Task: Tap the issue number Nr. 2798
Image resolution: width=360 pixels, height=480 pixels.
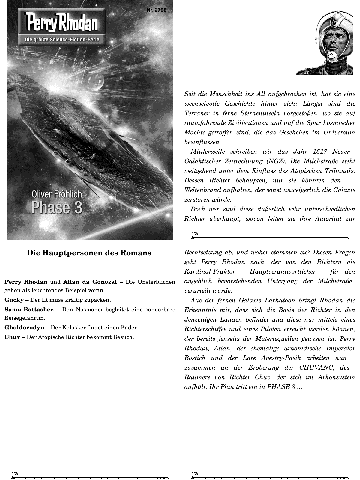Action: [x=157, y=10]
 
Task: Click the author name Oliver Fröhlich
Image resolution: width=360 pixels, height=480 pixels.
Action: [x=57, y=194]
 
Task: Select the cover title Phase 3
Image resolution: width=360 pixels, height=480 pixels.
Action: [x=57, y=208]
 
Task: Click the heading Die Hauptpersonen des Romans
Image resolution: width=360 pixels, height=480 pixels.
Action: [x=89, y=253]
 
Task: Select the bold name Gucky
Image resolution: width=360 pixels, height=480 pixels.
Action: [x=14, y=300]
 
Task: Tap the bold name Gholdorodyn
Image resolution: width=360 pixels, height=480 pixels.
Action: [x=24, y=328]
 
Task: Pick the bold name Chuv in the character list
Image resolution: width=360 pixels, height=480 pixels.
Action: [x=12, y=337]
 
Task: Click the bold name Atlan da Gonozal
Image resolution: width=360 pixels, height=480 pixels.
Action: [x=90, y=282]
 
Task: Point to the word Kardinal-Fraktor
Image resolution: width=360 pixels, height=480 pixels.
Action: [x=210, y=272]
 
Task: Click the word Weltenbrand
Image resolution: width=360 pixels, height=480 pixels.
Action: [x=203, y=190]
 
